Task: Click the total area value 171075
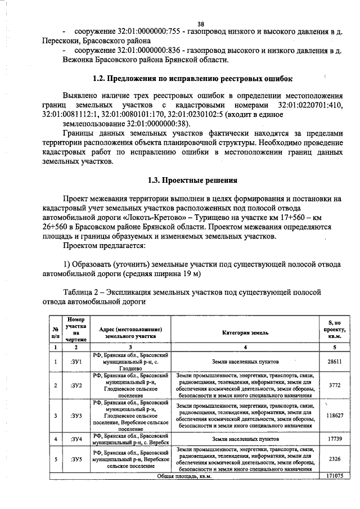click(x=335, y=475)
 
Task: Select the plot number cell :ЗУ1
click(x=76, y=363)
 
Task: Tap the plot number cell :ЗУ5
click(x=76, y=459)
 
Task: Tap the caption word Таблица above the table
click(x=82, y=292)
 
